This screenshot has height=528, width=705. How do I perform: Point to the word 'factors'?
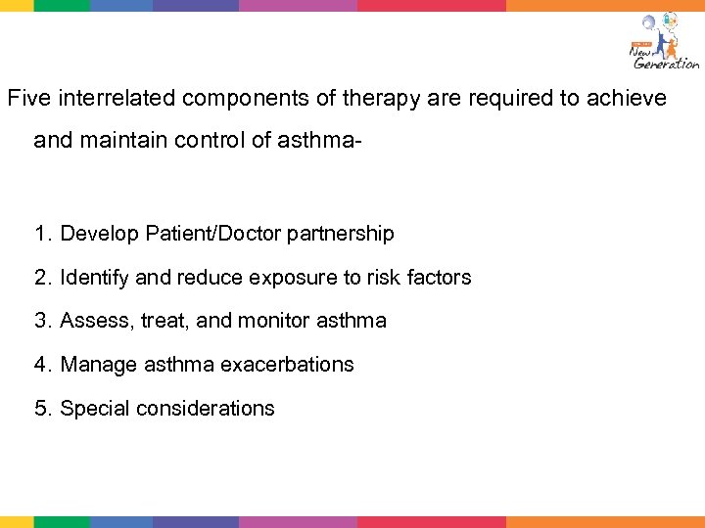(436, 278)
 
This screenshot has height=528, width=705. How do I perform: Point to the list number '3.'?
(43, 321)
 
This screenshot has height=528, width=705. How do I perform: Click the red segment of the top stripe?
(431, 5)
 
